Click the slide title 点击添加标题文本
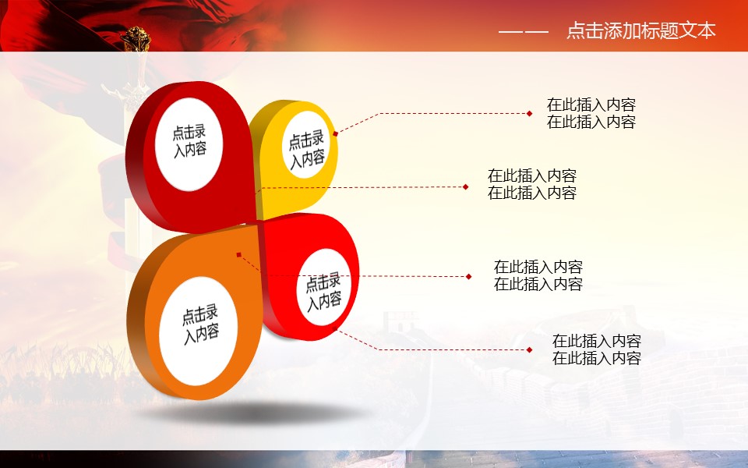[x=641, y=30]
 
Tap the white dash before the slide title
[x=524, y=32]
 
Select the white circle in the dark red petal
[x=189, y=144]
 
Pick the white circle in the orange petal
[x=198, y=331]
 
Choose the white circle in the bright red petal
[x=324, y=287]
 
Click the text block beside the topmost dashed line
[x=591, y=113]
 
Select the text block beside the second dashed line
[x=532, y=184]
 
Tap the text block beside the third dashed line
[x=538, y=275]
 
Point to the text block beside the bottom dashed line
[x=596, y=349]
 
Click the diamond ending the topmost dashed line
[x=530, y=114]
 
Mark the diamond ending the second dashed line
[x=466, y=186]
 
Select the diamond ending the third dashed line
[x=469, y=276]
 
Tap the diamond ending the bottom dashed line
[x=530, y=350]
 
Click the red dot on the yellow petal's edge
[x=335, y=133]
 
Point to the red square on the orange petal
[x=239, y=255]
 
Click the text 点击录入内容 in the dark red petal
[x=189, y=140]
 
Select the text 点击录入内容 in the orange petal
[x=200, y=324]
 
